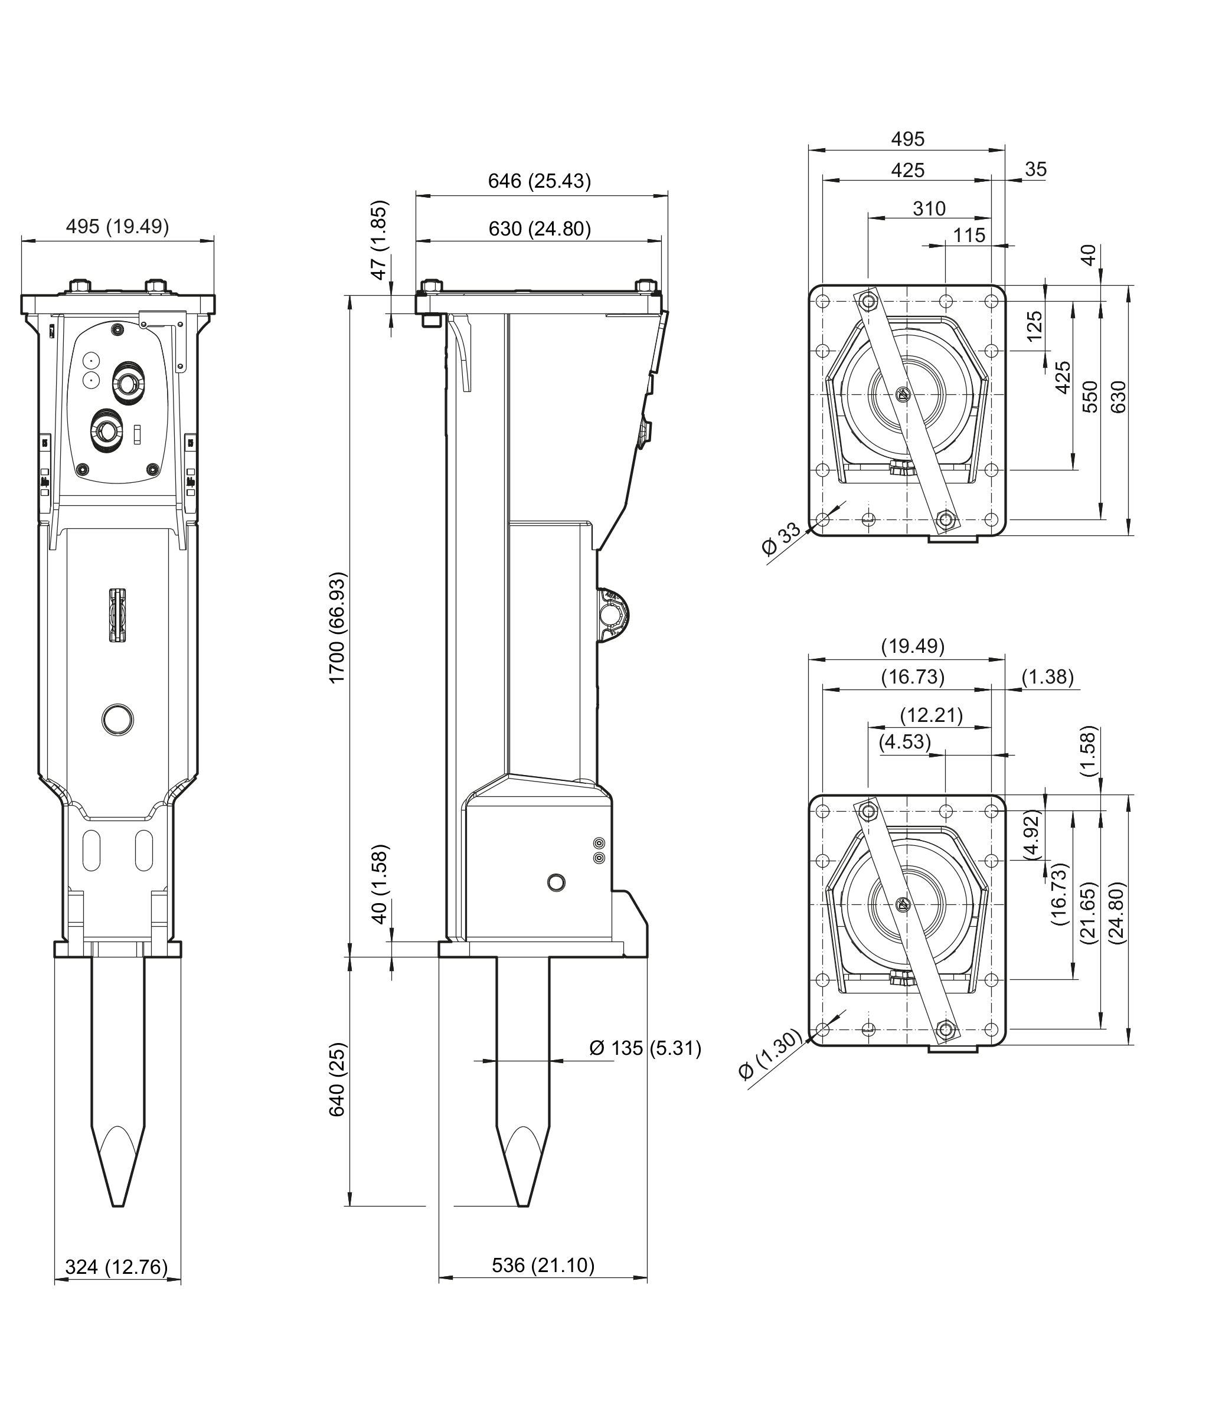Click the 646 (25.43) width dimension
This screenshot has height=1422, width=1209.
click(x=539, y=181)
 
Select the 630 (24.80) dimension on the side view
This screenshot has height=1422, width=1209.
click(x=539, y=228)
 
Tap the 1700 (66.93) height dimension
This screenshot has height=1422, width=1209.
click(x=337, y=626)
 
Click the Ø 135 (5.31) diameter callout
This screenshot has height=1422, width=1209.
click(x=644, y=1048)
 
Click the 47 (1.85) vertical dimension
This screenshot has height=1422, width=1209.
click(x=379, y=239)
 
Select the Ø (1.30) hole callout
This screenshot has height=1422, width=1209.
click(x=770, y=1055)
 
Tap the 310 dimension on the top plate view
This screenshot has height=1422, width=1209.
click(x=929, y=208)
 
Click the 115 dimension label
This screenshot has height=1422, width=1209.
click(x=969, y=236)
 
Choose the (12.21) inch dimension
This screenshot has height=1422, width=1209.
click(x=931, y=715)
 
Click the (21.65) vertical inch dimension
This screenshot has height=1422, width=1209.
click(x=1090, y=912)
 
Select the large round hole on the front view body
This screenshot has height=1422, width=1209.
click(x=117, y=719)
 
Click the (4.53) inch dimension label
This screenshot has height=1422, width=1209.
click(x=905, y=741)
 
